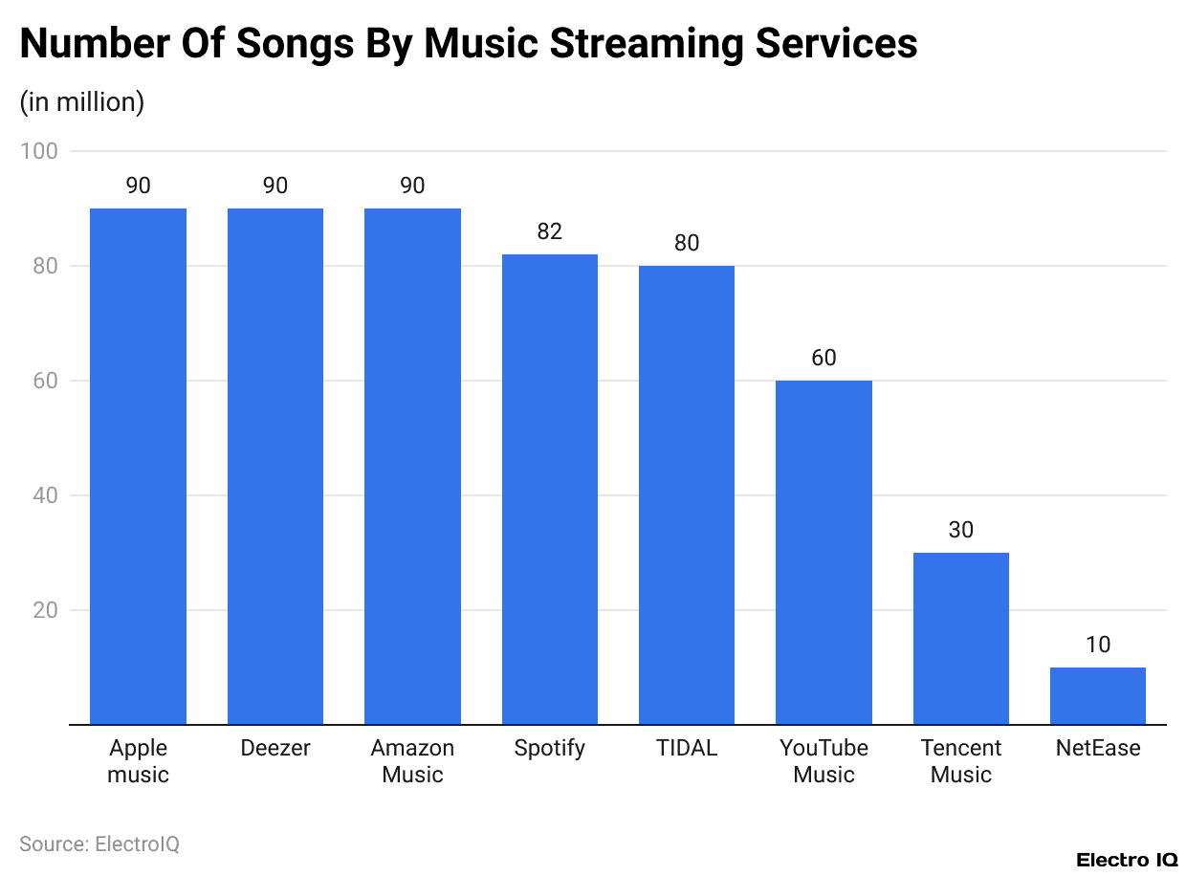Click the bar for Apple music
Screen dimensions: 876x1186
(138, 466)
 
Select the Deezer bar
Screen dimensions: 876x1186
(275, 466)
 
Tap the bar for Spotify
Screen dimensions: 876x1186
(550, 489)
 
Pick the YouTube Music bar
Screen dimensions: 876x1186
(824, 552)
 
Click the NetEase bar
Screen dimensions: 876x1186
(1098, 695)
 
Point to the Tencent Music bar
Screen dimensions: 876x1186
(961, 638)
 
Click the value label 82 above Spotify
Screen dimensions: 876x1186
(550, 231)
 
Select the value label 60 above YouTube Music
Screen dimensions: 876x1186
(824, 358)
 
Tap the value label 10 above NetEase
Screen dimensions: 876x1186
(1098, 645)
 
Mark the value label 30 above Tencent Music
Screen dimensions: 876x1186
(961, 530)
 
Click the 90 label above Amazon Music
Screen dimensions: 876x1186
(412, 186)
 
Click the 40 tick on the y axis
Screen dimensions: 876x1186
(44, 495)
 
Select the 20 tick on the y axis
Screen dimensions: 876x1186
(44, 610)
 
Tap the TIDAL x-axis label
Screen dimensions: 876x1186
(687, 748)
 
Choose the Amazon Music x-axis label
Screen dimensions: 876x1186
(412, 761)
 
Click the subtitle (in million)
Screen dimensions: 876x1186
(82, 101)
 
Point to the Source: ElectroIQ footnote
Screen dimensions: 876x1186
(99, 843)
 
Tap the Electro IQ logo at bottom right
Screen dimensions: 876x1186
(1126, 860)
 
